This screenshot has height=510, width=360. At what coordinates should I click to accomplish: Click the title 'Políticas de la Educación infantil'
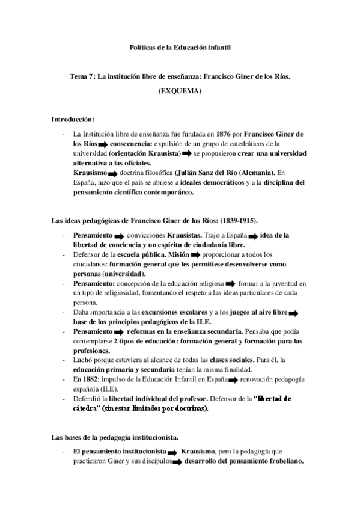point(180,47)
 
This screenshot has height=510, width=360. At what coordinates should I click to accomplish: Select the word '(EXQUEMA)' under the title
point(180,91)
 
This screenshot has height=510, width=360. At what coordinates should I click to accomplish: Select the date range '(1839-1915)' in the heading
point(239,221)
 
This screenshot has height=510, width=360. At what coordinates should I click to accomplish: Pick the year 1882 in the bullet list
point(90,380)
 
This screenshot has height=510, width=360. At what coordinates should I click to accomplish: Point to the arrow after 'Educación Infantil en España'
point(231,381)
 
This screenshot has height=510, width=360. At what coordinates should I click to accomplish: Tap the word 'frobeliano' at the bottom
point(281,462)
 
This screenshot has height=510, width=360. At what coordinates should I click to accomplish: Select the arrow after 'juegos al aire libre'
point(294,313)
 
